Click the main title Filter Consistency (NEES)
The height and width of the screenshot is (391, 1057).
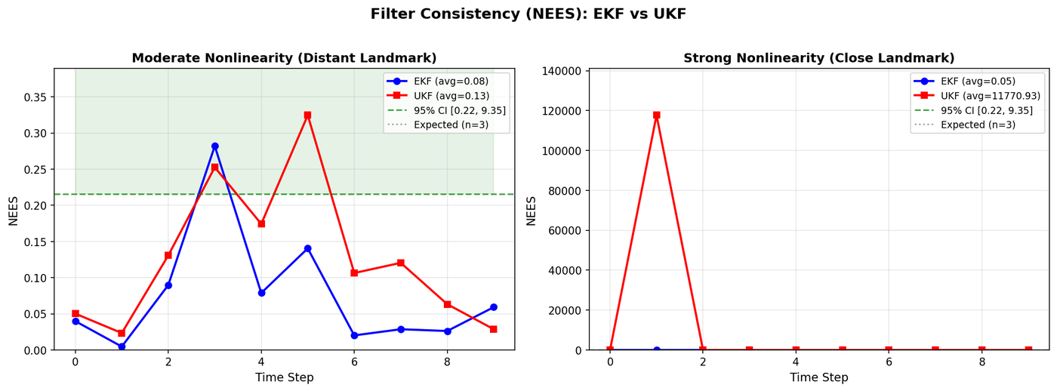pyautogui.click(x=528, y=14)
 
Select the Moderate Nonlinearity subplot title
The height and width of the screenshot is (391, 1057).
pyautogui.click(x=284, y=58)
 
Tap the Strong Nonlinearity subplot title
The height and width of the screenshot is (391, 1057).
pyautogui.click(x=819, y=58)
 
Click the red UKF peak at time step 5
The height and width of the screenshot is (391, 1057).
pyautogui.click(x=307, y=115)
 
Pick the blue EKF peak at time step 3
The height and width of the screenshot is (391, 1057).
pyautogui.click(x=214, y=146)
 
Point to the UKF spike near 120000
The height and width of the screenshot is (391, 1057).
pyautogui.click(x=656, y=115)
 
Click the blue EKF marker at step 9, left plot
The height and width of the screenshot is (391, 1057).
pyautogui.click(x=493, y=307)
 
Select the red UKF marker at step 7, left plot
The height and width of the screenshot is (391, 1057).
pyautogui.click(x=400, y=263)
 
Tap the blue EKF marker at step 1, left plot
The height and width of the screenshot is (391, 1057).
pyautogui.click(x=122, y=346)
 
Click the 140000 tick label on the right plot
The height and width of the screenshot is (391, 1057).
pyautogui.click(x=559, y=72)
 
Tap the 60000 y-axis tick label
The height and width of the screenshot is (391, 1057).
pyautogui.click(x=562, y=231)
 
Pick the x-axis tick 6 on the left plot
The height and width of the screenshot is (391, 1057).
pyautogui.click(x=353, y=362)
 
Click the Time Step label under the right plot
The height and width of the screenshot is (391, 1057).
pyautogui.click(x=819, y=377)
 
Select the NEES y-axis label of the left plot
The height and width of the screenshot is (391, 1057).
pyautogui.click(x=13, y=211)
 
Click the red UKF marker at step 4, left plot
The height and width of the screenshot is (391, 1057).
pyautogui.click(x=261, y=224)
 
